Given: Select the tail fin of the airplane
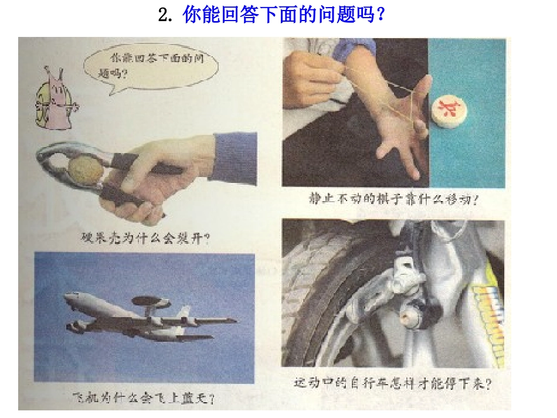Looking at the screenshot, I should click(x=226, y=320).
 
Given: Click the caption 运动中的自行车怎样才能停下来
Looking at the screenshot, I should click(x=392, y=385).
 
